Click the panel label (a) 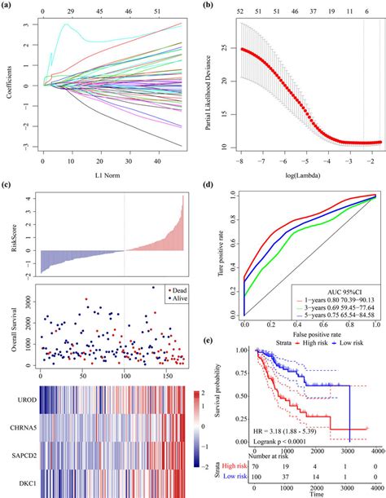coord(9,7)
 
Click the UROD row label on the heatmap coord(18,403)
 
